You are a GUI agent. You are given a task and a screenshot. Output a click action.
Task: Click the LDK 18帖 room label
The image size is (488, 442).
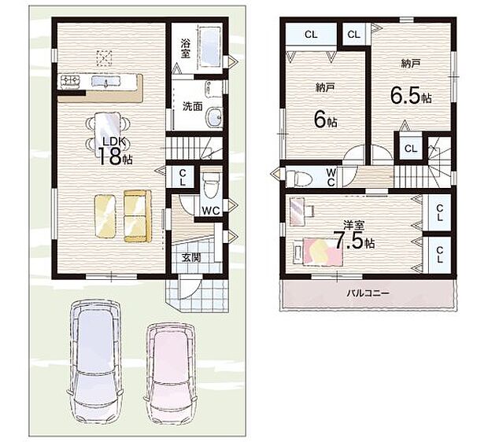click(x=115, y=151)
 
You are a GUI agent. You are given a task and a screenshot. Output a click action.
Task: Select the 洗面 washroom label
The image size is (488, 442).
click(x=192, y=107)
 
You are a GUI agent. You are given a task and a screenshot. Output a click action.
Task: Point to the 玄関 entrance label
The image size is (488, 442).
click(x=191, y=257)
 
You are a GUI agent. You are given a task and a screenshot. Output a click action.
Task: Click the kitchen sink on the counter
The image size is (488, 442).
click(x=105, y=81)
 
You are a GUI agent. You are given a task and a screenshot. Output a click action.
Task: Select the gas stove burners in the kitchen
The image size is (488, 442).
click(x=72, y=81)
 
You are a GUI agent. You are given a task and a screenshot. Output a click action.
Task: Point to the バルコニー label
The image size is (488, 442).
click(x=368, y=293)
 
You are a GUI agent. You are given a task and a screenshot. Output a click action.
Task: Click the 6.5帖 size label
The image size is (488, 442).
click(x=411, y=97)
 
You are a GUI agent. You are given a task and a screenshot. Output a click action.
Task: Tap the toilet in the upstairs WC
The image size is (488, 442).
click(x=299, y=177)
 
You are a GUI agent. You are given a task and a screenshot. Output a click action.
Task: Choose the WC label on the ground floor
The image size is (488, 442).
click(x=211, y=211)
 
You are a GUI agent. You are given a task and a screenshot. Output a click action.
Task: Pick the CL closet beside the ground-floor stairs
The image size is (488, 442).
click(x=183, y=177)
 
